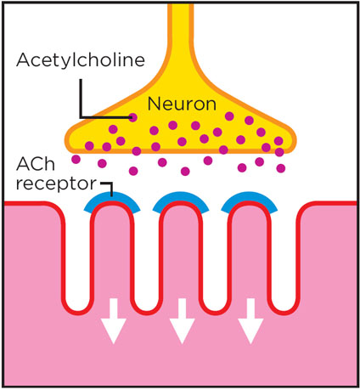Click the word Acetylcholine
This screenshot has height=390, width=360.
tap(81, 61)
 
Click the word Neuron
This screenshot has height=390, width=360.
tap(182, 104)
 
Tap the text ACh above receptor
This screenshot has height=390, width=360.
tap(36, 164)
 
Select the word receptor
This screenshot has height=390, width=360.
tap(56, 184)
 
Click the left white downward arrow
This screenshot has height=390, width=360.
tap(114, 321)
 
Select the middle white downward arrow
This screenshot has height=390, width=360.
tap(182, 321)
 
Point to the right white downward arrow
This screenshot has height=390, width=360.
tap(250, 321)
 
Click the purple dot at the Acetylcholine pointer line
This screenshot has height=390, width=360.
tap(132, 117)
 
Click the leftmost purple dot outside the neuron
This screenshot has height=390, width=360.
tap(76, 159)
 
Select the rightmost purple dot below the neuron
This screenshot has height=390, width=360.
tap(281, 168)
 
